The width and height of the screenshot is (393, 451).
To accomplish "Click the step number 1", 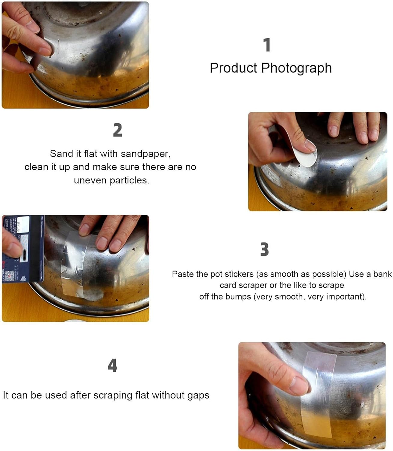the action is (x=267, y=45).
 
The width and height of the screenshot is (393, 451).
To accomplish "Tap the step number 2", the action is (x=117, y=130).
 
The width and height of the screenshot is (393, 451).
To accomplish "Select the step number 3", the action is (x=264, y=249).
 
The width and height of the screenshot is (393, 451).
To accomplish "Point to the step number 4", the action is (x=112, y=366).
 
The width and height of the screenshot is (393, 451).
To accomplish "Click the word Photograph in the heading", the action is (x=296, y=68).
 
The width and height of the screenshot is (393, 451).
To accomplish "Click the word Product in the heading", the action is (x=233, y=68).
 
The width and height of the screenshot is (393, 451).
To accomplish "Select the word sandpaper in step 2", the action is (x=146, y=154).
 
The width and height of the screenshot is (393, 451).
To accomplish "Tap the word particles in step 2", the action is (x=130, y=180).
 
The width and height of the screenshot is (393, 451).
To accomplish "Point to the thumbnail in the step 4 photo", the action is (x=299, y=385).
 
